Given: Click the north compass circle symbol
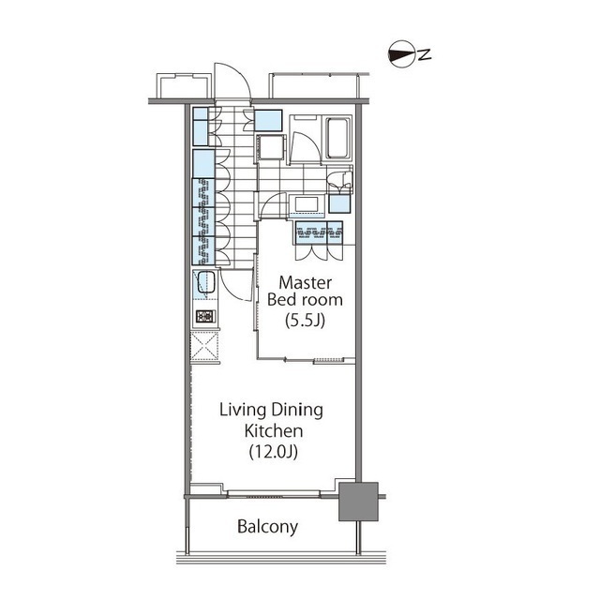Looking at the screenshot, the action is pos(402,53).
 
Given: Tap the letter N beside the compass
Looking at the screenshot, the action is pos(425,54).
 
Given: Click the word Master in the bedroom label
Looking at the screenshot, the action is pos(305,283).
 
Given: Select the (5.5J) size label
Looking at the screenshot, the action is pos(305,320).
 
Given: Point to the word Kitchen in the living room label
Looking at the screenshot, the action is pos(274,431).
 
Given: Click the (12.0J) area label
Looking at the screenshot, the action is pos(273,452).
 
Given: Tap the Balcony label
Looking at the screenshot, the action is pos(267,527).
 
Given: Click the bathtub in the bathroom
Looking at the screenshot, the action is pos(337,138).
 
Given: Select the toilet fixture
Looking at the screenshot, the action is pos(340,180).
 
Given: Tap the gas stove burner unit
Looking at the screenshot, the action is pos(205,316).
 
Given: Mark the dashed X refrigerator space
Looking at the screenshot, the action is pos(204,346).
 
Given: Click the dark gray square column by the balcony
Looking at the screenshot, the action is pos(358,502).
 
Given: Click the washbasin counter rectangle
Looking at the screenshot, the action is pos(307,204).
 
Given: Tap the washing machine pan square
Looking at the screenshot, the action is pos(271,147).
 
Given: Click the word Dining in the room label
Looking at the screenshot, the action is pos(298,411).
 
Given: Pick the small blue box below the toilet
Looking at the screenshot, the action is pos(339,203).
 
